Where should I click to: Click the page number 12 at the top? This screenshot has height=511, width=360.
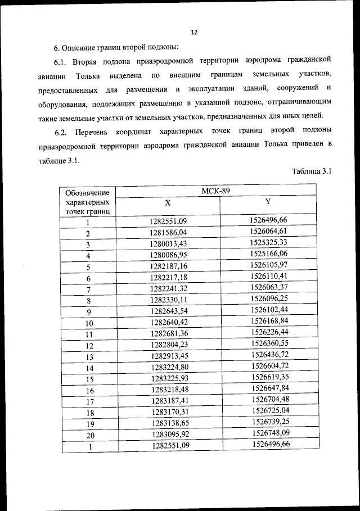[194, 32]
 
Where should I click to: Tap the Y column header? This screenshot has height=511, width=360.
[268, 202]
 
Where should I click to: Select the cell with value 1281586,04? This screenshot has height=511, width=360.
[168, 232]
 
